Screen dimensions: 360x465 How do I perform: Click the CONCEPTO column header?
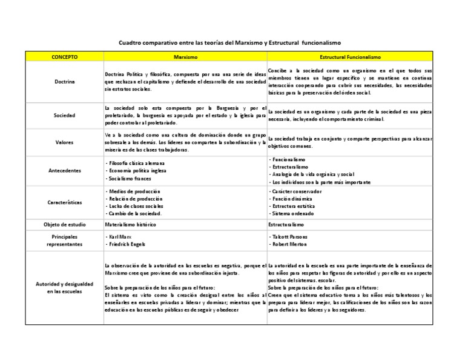64,56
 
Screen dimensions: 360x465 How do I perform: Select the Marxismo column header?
185,56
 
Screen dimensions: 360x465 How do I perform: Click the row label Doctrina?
64,81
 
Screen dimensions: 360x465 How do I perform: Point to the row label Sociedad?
64,114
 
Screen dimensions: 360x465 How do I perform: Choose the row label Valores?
64,142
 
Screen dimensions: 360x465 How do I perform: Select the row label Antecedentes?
64,171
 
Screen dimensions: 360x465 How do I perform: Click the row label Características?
64,202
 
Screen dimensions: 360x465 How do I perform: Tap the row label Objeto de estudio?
64,224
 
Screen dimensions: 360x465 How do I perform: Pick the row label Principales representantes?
64,240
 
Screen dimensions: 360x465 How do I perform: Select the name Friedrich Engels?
126,244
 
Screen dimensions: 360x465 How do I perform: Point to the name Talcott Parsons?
289,236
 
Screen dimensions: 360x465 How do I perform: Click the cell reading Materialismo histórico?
130,224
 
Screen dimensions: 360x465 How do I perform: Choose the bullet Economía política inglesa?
134,171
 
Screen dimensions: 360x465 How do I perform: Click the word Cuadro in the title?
129,43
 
